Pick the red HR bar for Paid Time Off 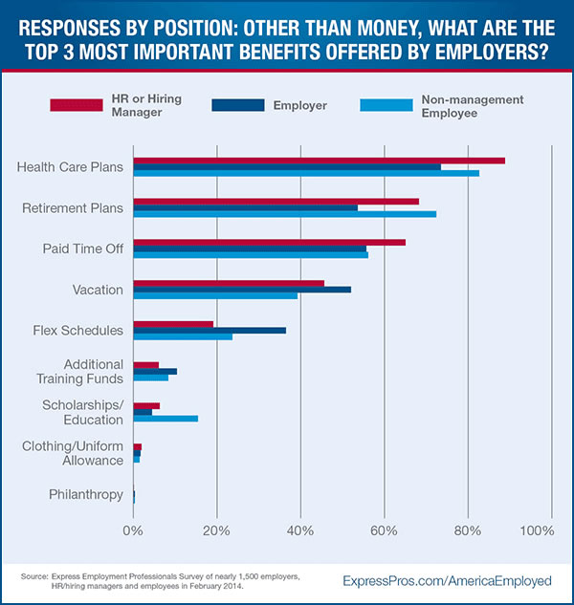click(x=269, y=242)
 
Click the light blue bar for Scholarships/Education click(x=166, y=418)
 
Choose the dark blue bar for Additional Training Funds click(x=155, y=371)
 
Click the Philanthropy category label click(x=86, y=494)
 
